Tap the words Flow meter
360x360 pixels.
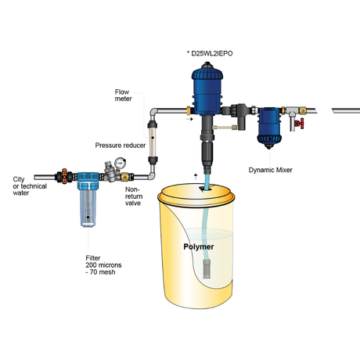click(x=124, y=95)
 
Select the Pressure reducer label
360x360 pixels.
click(x=119, y=146)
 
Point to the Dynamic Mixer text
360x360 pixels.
click(x=272, y=169)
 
